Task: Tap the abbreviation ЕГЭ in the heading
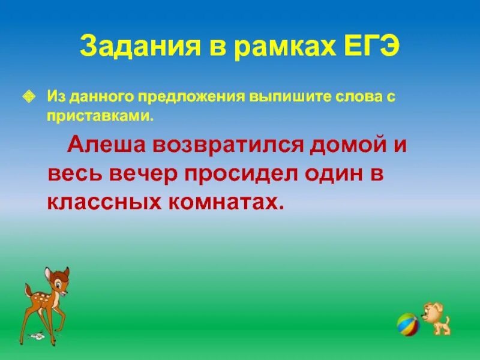(x=367, y=47)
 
